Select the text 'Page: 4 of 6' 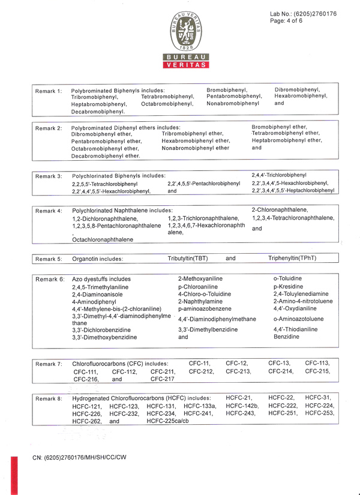(287, 21)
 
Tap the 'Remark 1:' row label (49, 91)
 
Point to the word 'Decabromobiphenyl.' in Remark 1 (98, 111)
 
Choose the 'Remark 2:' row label (49, 128)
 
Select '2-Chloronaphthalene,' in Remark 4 (280, 209)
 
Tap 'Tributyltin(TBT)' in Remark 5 (188, 259)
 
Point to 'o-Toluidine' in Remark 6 (287, 278)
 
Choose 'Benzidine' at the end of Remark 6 (286, 337)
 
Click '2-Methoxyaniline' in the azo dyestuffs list (200, 279)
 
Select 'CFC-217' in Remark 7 (162, 379)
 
